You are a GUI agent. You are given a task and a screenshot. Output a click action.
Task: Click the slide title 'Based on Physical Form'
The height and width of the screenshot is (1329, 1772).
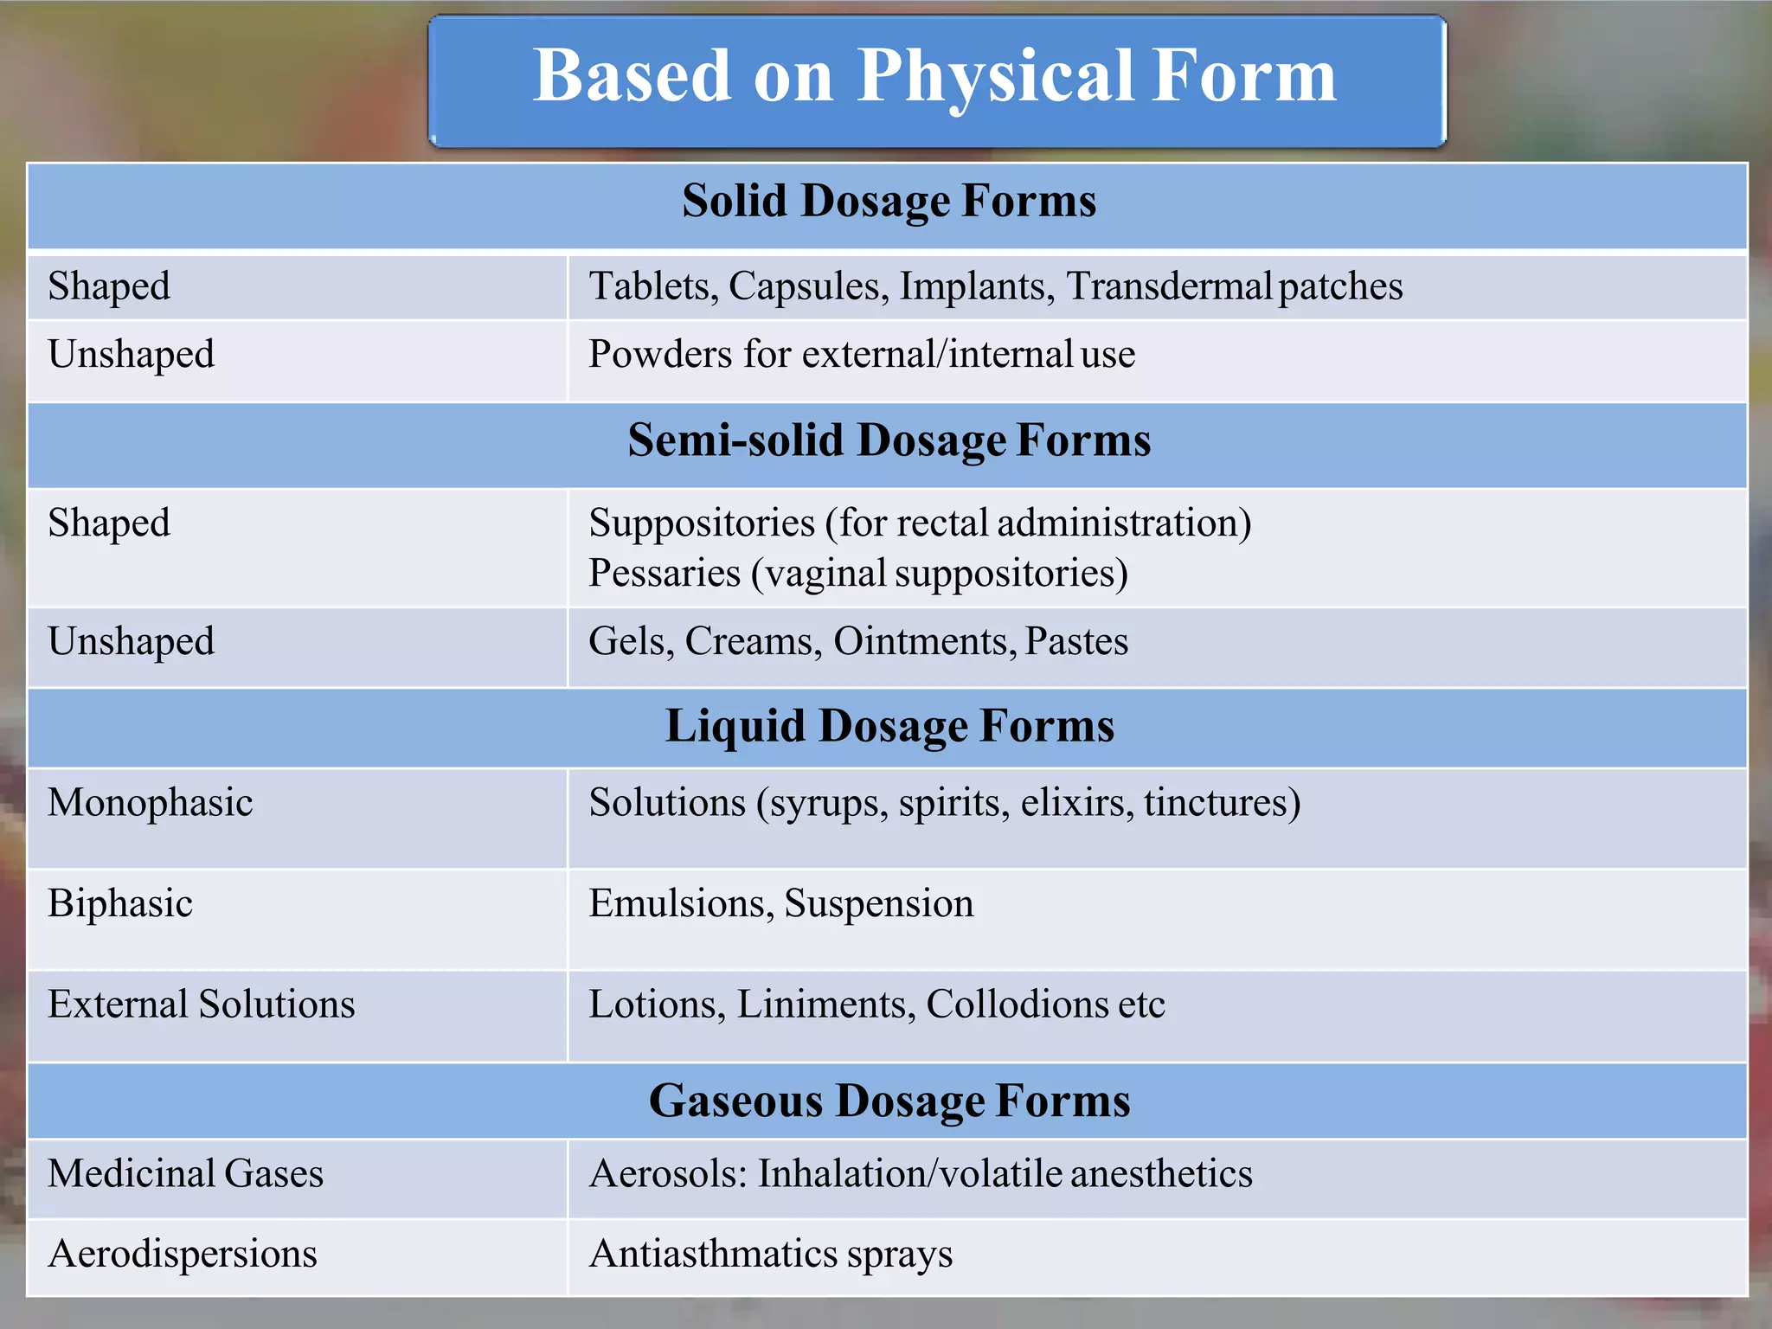point(934,76)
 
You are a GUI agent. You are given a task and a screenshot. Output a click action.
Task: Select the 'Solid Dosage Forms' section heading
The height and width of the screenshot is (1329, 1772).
point(889,201)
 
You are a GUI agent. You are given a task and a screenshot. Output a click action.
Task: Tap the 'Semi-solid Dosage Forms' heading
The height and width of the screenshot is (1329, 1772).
point(889,440)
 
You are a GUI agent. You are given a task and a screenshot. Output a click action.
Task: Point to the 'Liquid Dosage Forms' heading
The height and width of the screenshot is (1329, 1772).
point(889,725)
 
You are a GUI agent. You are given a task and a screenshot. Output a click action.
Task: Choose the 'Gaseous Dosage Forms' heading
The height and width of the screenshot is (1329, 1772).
point(889,1101)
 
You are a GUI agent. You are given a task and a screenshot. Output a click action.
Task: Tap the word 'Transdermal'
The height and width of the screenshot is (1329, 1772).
point(1168,286)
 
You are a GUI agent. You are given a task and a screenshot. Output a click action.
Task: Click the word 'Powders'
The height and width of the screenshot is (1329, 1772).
point(659,355)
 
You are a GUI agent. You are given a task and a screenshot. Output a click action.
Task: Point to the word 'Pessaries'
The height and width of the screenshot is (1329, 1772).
point(664,574)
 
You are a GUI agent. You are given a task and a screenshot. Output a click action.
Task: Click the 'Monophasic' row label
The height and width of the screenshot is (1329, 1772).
point(151,803)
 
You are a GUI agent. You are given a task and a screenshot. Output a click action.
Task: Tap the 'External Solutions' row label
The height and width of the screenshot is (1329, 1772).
point(202,1005)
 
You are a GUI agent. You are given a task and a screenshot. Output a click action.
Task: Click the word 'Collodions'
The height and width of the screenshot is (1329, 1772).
point(1016,1005)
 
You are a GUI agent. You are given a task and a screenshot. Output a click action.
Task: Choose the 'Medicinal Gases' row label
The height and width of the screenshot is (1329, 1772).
point(186,1174)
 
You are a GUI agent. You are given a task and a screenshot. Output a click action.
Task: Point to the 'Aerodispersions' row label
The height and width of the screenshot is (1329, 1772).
point(183,1254)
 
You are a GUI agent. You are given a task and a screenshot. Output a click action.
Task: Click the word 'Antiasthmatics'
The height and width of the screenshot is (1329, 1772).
point(713,1254)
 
